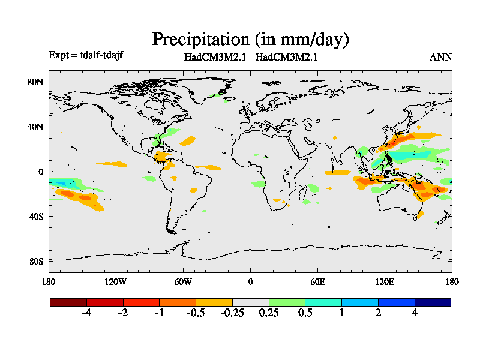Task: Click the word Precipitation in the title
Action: point(200,40)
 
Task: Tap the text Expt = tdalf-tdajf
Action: point(86,55)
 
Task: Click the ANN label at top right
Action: point(440,58)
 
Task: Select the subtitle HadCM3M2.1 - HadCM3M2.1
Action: point(250,58)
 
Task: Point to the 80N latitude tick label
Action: point(36,82)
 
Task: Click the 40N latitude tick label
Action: point(36,127)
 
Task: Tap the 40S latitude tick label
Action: point(36,217)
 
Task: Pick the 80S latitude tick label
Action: point(36,262)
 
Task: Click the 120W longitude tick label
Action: point(115,282)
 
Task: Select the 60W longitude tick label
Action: point(183,282)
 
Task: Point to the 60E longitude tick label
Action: point(317,282)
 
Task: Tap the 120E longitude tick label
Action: point(385,282)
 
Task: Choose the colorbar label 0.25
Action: point(269,313)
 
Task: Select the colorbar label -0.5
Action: point(195,313)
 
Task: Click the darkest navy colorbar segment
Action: point(433,302)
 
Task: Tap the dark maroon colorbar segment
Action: point(68,302)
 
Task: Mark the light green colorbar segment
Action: point(287,302)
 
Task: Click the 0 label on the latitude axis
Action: point(40,172)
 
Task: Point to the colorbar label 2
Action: point(379,313)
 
